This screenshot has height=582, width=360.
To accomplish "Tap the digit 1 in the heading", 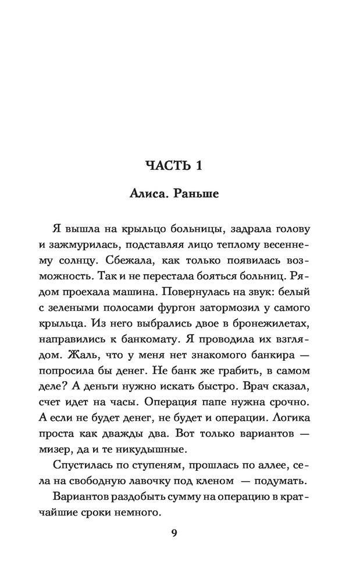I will pos(198,166).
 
